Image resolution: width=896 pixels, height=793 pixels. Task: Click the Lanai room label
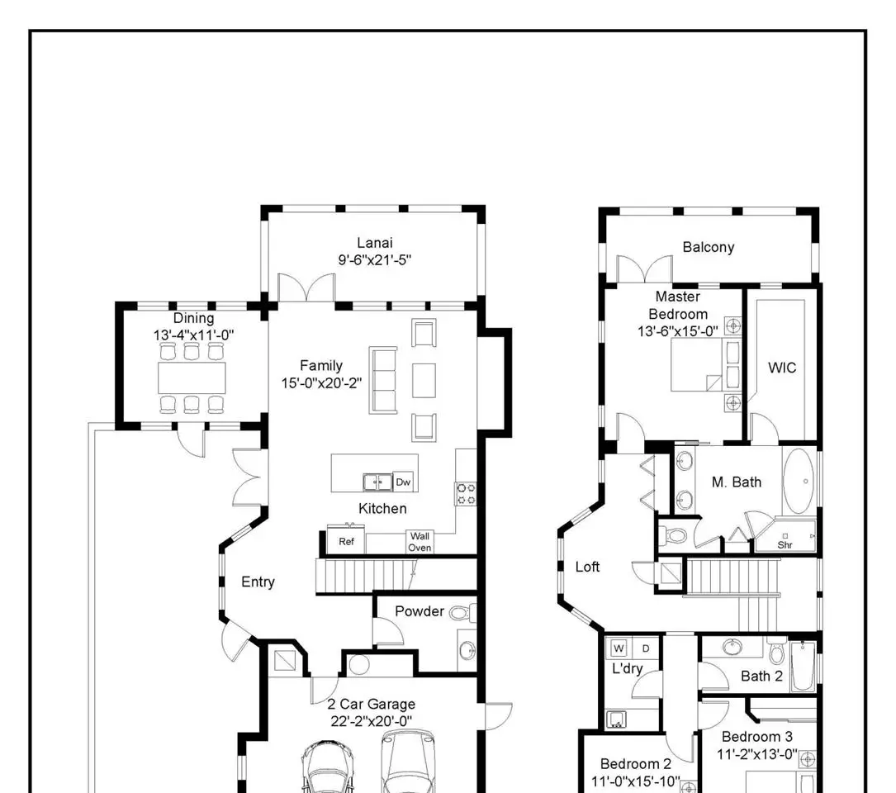click(375, 243)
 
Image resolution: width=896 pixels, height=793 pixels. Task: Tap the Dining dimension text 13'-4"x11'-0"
click(194, 335)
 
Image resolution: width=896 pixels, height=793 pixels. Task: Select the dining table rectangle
click(192, 378)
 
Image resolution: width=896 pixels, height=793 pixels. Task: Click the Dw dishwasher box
click(404, 482)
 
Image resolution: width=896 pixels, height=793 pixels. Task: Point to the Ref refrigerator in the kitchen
click(346, 541)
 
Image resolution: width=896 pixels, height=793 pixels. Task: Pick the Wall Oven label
click(420, 542)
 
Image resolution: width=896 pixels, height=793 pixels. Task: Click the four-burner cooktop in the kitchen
click(466, 494)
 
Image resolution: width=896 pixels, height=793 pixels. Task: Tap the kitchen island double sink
click(377, 482)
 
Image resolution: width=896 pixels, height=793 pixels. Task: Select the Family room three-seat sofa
click(383, 380)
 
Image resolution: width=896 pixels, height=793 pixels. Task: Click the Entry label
click(258, 582)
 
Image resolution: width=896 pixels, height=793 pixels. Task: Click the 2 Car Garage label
click(372, 705)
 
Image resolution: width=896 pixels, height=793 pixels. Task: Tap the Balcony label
click(709, 247)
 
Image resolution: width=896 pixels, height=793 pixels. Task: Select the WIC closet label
click(782, 368)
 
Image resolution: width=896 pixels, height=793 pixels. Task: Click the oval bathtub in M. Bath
click(799, 482)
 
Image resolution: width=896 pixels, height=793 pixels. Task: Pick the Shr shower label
click(785, 545)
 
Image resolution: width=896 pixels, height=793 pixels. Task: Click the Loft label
click(587, 567)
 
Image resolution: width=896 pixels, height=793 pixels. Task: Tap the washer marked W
click(619, 648)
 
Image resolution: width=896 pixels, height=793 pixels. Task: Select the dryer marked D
click(646, 648)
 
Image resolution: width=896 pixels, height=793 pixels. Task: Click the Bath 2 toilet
click(776, 650)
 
